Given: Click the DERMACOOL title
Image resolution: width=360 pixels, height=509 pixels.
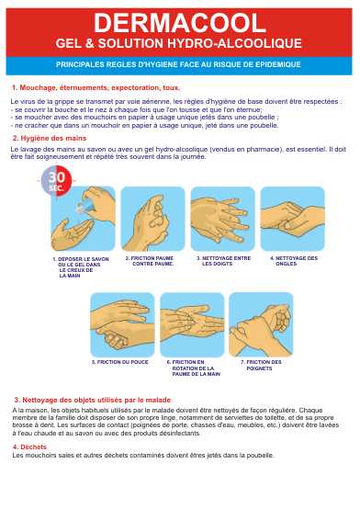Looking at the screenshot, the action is point(180,23).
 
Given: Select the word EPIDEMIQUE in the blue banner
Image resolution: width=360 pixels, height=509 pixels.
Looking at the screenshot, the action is point(278,64).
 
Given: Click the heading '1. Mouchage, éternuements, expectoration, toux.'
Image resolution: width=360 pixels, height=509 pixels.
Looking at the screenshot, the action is point(96,87).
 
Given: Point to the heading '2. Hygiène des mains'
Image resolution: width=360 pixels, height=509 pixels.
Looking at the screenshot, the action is point(50,139).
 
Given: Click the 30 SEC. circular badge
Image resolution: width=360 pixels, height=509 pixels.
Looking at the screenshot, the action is point(56,180).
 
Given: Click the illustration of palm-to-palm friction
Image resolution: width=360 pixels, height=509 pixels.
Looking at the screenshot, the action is point(152,219).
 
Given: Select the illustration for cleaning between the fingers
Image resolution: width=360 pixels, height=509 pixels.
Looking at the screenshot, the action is point(222,219).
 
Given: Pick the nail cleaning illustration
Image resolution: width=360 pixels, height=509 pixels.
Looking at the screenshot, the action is point(292,219).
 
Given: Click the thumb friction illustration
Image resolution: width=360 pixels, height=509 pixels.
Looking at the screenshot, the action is point(122,324).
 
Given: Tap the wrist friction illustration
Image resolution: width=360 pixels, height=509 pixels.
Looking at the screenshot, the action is point(261,324).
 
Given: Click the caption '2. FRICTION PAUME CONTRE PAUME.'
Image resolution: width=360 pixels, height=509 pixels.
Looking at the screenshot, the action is point(150,261).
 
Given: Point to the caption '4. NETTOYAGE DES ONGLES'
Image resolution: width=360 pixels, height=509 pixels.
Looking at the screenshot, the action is point(294,261).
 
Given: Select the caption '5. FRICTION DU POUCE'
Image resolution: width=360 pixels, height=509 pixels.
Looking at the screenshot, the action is point(119,362).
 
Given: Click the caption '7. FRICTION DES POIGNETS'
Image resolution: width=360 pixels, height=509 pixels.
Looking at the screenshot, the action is point(261,365).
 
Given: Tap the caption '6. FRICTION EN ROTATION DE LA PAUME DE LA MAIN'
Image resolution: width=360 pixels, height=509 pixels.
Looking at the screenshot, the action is point(194,368).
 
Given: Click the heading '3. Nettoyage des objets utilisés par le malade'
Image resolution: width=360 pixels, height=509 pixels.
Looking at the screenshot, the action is point(92,400).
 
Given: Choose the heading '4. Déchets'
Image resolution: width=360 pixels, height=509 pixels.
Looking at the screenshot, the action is point(29,447).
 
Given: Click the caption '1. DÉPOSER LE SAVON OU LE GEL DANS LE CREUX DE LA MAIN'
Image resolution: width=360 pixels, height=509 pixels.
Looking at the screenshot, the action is point(81,267).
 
